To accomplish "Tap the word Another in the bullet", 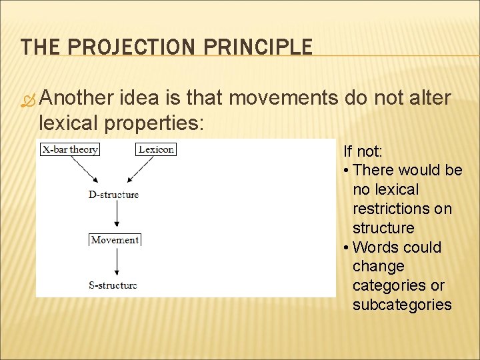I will point(76,98).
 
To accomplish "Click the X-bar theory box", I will point(70,149).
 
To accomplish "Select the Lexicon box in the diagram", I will point(156,149).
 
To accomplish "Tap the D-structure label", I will point(113,195).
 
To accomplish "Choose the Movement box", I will point(115,240).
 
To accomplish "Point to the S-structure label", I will point(113,285).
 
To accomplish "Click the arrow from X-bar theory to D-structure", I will point(85,170).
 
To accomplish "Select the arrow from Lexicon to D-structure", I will point(139,170).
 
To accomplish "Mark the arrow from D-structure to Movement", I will point(117,215).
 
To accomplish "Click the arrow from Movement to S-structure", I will point(117,262).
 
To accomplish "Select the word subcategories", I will point(402,305).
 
